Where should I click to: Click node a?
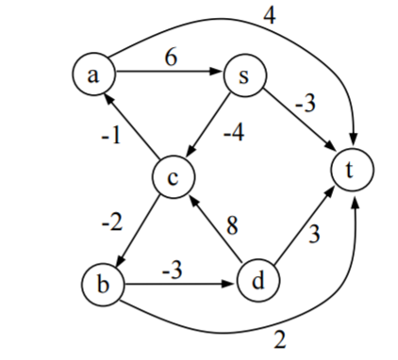(x=92, y=74)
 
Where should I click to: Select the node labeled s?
(x=244, y=76)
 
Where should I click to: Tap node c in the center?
(x=174, y=175)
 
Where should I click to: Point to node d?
(x=257, y=280)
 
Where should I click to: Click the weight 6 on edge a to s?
(x=170, y=56)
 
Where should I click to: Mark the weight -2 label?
(x=111, y=224)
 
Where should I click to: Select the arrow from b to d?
(x=179, y=283)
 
